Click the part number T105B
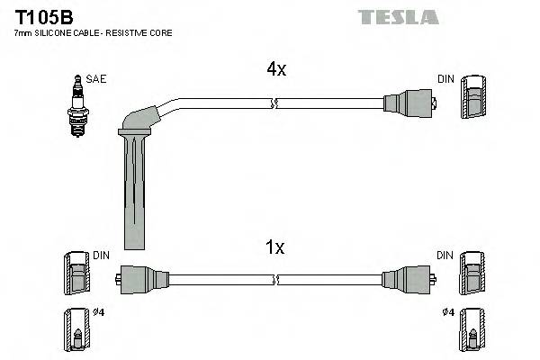click(41, 15)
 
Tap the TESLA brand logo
click(398, 17)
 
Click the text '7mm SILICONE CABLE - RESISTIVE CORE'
click(93, 32)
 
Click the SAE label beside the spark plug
click(96, 79)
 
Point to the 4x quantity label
click(274, 69)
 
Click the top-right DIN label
click(446, 79)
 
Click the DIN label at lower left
click(102, 256)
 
